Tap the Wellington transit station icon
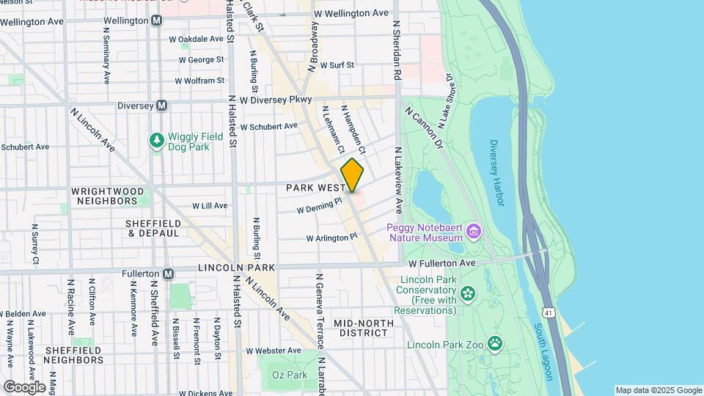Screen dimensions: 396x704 (156, 21)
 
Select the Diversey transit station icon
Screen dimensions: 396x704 (162, 106)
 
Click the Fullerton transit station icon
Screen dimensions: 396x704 (169, 274)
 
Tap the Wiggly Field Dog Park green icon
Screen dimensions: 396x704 (155, 139)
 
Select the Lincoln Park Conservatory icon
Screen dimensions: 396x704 (467, 295)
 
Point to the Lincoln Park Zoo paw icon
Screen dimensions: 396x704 (496, 342)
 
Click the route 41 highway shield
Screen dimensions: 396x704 (548, 312)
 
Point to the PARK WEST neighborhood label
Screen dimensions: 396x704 (311, 188)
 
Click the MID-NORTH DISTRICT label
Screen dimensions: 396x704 (360, 328)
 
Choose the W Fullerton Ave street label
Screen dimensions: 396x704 (442, 263)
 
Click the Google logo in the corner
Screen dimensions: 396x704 (24, 386)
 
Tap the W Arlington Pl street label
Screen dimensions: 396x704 (331, 238)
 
